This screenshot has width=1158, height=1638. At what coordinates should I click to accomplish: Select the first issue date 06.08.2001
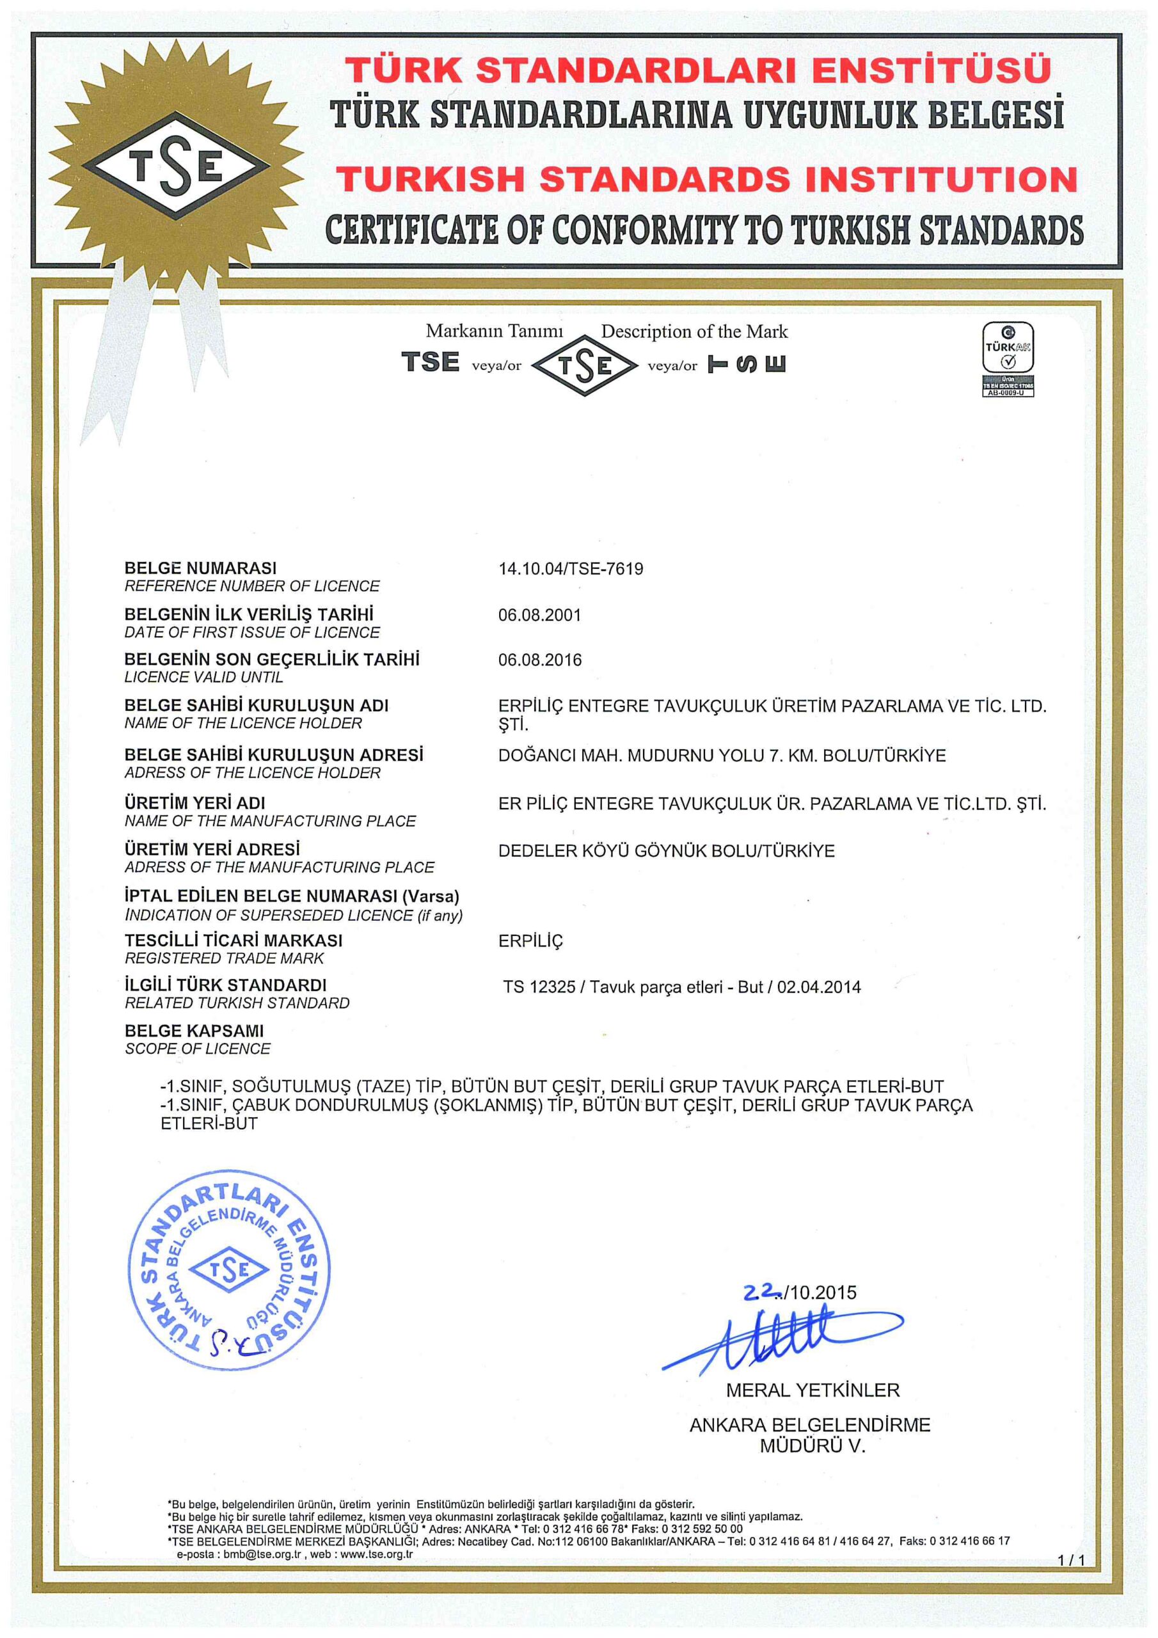[539, 615]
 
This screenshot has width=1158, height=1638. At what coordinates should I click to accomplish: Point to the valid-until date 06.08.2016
[540, 660]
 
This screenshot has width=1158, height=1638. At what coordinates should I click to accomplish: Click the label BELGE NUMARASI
[200, 569]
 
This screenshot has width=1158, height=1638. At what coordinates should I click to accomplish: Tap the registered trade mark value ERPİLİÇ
[531, 941]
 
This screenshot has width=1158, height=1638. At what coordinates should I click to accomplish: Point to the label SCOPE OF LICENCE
[198, 1049]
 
